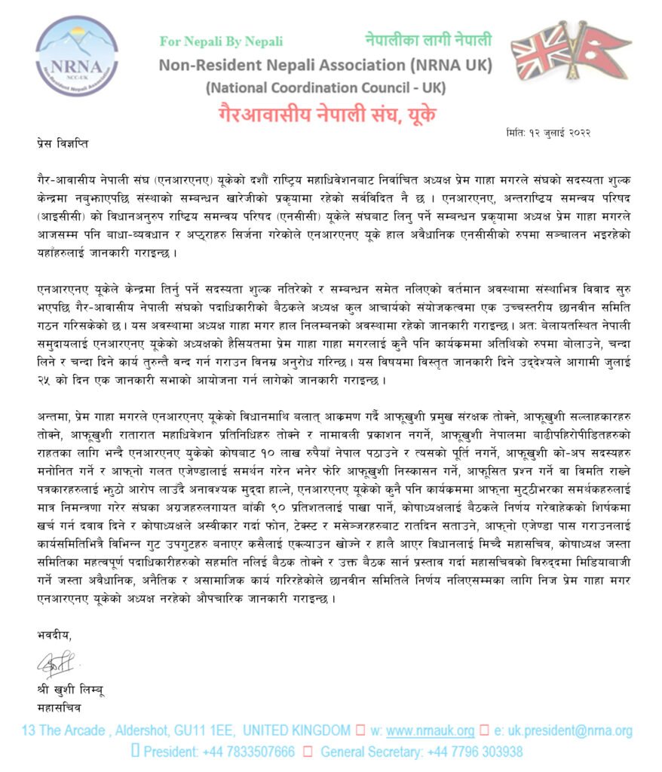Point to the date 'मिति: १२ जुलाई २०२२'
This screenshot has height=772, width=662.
(547, 133)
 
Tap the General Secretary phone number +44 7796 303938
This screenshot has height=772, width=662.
(474, 752)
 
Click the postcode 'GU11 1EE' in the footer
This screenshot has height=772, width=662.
(197, 731)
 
